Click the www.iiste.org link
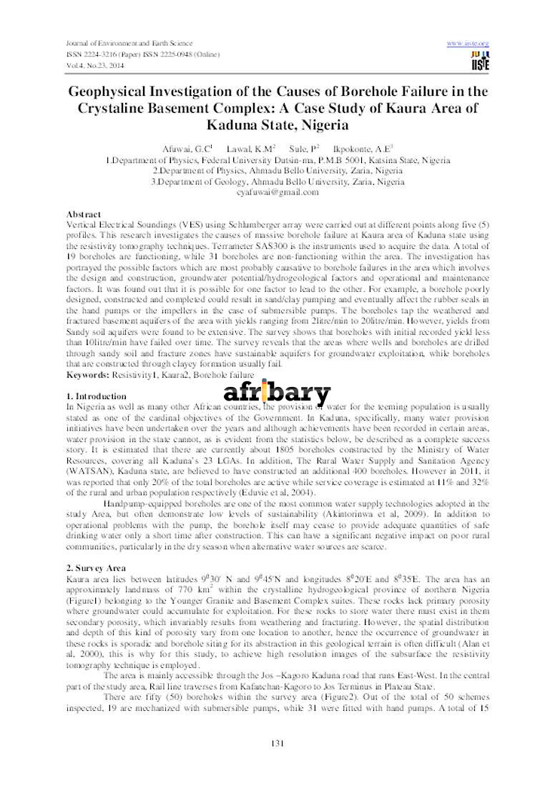coord(468,44)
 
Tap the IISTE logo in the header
coord(480,62)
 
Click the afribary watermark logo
coord(277,393)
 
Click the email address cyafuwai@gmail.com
coord(277,192)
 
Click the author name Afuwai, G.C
coord(188,149)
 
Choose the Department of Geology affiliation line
coord(277,182)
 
